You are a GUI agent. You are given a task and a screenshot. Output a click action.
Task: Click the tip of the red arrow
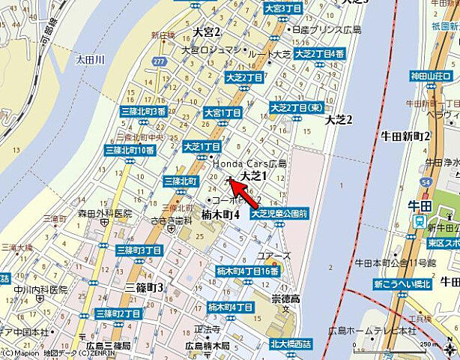click(x=229, y=178)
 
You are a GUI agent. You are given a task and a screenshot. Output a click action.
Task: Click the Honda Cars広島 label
click(x=249, y=163)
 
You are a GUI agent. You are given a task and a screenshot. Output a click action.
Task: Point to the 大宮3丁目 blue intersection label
click(x=282, y=7)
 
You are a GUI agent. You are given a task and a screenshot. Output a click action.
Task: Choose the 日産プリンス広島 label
click(x=329, y=29)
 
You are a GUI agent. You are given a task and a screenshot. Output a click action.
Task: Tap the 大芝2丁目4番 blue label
click(x=320, y=54)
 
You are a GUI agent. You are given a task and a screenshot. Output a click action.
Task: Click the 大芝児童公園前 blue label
click(x=279, y=213)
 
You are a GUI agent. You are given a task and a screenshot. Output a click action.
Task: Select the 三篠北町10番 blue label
click(x=130, y=150)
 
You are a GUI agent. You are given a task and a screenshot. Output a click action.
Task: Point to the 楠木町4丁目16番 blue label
click(x=247, y=271)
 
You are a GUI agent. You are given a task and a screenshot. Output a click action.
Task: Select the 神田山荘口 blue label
click(x=433, y=77)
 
